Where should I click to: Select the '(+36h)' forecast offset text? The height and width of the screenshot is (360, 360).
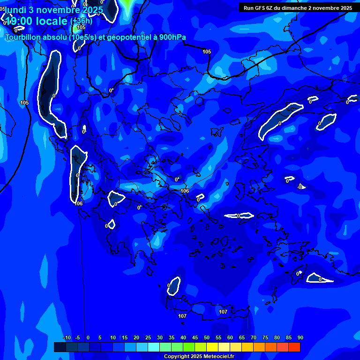[81, 21]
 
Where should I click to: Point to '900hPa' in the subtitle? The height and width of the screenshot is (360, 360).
[172, 37]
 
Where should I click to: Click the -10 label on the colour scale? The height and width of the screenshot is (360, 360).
[67, 337]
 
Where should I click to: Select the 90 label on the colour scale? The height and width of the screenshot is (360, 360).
[300, 337]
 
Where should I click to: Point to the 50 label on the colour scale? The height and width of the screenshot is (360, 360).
[206, 337]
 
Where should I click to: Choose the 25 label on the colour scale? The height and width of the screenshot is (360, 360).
[148, 337]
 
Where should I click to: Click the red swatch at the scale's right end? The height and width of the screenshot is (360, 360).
[294, 347]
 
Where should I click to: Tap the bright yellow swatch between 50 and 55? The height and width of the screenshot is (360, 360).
[212, 347]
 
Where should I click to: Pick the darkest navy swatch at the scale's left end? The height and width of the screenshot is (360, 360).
[60, 347]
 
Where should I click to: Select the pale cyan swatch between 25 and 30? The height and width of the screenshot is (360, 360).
[154, 347]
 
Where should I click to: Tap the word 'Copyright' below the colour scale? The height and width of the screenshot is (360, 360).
[177, 357]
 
